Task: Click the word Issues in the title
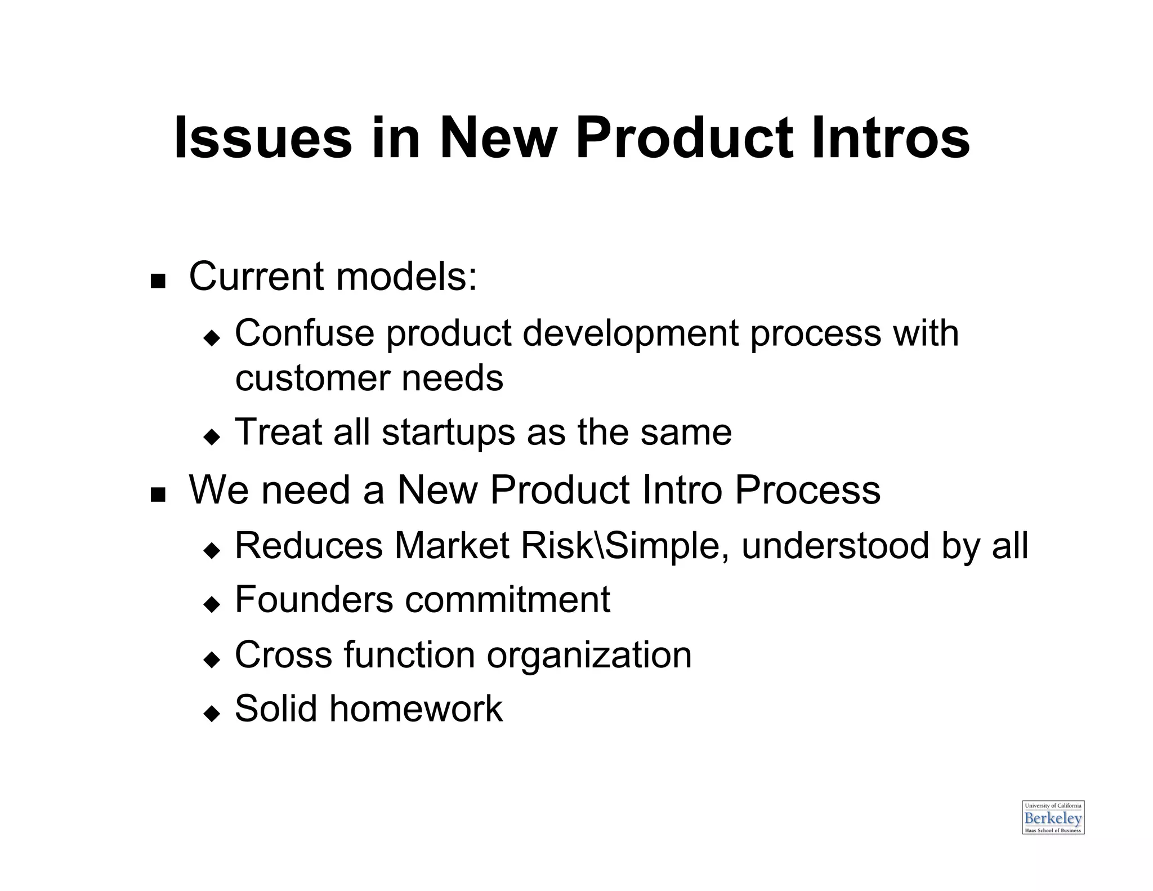pos(262,139)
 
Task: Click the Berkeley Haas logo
pos(1053,817)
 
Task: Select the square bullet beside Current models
pos(158,280)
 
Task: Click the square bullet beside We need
pos(158,494)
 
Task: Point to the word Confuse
pos(304,333)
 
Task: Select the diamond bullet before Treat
pos(212,436)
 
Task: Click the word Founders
pos(314,599)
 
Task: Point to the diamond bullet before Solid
pos(212,713)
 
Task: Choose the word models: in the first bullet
pos(406,277)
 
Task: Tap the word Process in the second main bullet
pos(807,489)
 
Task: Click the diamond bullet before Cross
pos(212,658)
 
